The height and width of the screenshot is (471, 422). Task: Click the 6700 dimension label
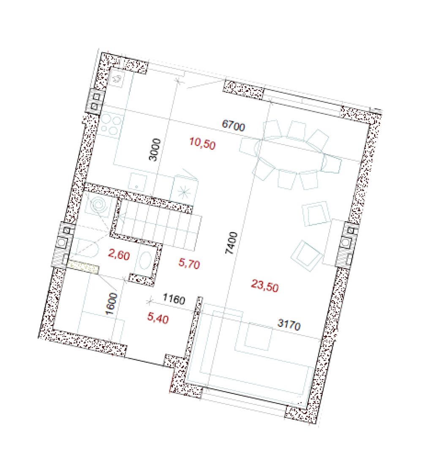pyautogui.click(x=233, y=126)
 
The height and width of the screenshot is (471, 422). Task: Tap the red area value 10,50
pyautogui.click(x=202, y=143)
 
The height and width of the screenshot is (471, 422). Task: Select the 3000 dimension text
pyautogui.click(x=155, y=150)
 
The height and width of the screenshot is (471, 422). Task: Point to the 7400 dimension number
pyautogui.click(x=232, y=243)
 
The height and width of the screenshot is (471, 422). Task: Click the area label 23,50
pyautogui.click(x=265, y=285)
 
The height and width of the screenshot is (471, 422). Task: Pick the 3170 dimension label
pyautogui.click(x=289, y=324)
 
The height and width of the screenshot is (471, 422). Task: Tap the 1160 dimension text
pyautogui.click(x=174, y=299)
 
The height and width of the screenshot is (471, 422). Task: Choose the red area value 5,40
pyautogui.click(x=158, y=318)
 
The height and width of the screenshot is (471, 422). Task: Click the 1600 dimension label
pyautogui.click(x=111, y=304)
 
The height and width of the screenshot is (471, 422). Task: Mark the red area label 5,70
pyautogui.click(x=189, y=264)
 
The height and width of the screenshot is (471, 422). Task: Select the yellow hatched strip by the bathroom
pyautogui.click(x=83, y=267)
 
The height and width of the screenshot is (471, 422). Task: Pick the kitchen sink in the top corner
pyautogui.click(x=117, y=79)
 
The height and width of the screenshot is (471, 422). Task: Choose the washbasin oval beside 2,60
pyautogui.click(x=145, y=260)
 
